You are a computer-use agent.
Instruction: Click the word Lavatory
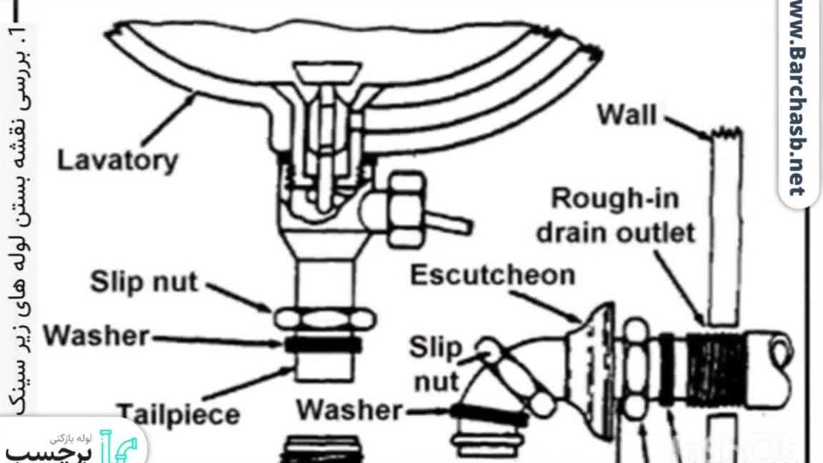(x=118, y=161)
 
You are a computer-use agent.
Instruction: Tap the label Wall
(x=627, y=114)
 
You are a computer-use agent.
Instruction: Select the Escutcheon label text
(x=493, y=276)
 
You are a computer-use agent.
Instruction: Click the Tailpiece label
(x=179, y=415)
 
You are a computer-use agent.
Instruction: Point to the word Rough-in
(x=615, y=199)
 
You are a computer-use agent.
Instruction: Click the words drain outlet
(x=616, y=233)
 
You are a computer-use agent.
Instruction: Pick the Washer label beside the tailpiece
(x=96, y=336)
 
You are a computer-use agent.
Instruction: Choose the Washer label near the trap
(x=349, y=410)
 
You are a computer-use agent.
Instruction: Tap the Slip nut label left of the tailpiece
(x=144, y=282)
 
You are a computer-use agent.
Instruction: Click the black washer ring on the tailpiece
(x=323, y=345)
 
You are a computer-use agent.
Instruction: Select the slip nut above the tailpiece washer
(x=325, y=319)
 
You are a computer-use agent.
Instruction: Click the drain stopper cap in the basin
(x=327, y=72)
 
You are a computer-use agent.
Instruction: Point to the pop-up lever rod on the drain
(x=449, y=222)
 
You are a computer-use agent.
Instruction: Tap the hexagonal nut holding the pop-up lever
(x=407, y=210)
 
